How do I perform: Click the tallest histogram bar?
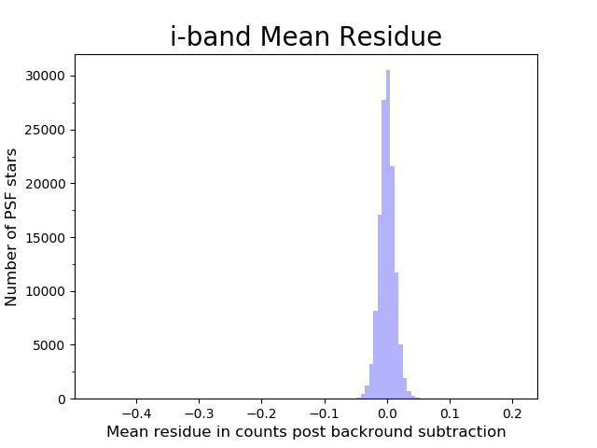click(388, 233)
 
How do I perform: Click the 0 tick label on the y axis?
click(62, 399)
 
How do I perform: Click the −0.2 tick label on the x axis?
click(259, 412)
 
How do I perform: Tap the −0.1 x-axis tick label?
click(322, 412)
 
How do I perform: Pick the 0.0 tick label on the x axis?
click(387, 412)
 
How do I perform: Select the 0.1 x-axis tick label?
click(450, 412)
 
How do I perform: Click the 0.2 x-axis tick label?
click(512, 412)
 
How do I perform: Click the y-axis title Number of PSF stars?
click(12, 227)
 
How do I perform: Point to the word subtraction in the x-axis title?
click(464, 432)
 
